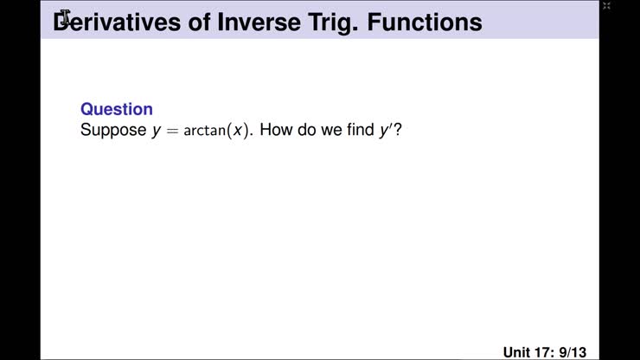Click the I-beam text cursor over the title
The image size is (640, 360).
[x=66, y=17]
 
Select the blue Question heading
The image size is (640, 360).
[x=116, y=109]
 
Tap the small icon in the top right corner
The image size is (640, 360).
[x=606, y=6]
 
